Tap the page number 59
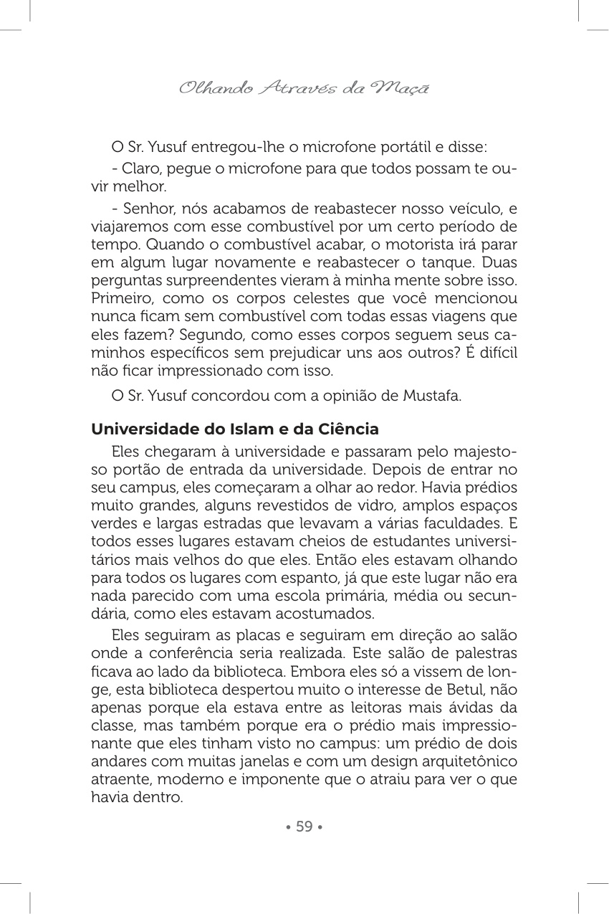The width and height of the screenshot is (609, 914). [x=304, y=827]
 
